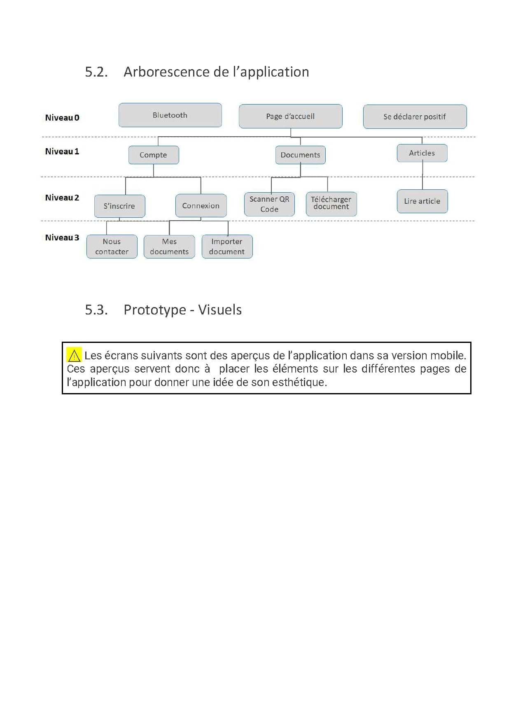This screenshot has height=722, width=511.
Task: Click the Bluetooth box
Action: tap(170, 115)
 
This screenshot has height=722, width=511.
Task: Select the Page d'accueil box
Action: tap(290, 116)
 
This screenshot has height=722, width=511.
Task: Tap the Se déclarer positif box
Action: tap(415, 117)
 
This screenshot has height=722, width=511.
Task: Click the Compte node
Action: tap(154, 155)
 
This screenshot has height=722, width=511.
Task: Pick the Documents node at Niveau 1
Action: tap(300, 155)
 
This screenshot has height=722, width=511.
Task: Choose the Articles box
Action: tap(422, 153)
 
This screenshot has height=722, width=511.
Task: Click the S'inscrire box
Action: tap(119, 206)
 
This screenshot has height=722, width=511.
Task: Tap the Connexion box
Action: tap(201, 206)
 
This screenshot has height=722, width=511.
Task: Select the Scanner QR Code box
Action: tap(269, 204)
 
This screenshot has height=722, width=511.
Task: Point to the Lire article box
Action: tap(422, 201)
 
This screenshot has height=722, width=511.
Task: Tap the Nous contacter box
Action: tap(112, 247)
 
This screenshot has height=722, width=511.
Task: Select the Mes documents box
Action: tap(169, 247)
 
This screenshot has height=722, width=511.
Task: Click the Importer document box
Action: tap(227, 247)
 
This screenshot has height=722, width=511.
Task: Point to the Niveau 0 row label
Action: tap(62, 118)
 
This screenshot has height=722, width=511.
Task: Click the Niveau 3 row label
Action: tap(62, 238)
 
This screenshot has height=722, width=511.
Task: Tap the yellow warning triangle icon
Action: tap(74, 355)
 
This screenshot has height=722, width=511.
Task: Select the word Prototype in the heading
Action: tap(155, 310)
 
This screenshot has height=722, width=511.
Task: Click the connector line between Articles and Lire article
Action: tap(422, 176)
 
